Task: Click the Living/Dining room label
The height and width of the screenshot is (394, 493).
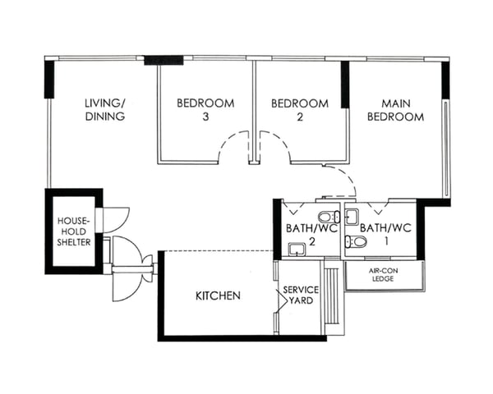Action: click(104, 110)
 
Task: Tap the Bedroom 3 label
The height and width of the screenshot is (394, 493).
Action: click(205, 110)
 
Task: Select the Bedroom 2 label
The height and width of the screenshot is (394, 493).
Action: click(300, 110)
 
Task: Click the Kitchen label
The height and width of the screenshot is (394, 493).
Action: click(218, 295)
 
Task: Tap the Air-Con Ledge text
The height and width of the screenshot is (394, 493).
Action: click(384, 274)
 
